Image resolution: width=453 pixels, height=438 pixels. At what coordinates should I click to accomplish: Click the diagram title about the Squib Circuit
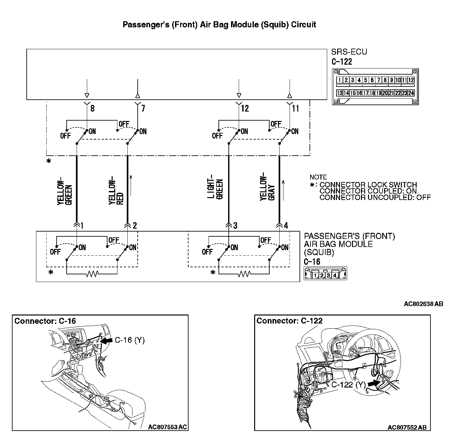pyautogui.click(x=219, y=25)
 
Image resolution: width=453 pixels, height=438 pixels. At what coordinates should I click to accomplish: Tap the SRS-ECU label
pyautogui.click(x=349, y=52)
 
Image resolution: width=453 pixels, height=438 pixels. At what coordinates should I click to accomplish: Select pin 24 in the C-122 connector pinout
pyautogui.click(x=411, y=93)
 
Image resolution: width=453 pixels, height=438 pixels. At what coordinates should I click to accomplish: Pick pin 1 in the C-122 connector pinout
pyautogui.click(x=339, y=80)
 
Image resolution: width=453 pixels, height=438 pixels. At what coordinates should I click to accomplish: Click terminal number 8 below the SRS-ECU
pyautogui.click(x=92, y=108)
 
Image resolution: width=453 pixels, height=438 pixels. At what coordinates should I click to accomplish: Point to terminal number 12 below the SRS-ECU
pyautogui.click(x=245, y=108)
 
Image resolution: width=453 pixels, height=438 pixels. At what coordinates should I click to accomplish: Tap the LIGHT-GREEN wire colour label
pyautogui.click(x=216, y=189)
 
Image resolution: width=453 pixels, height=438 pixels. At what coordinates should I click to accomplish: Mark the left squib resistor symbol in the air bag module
pyautogui.click(x=92, y=274)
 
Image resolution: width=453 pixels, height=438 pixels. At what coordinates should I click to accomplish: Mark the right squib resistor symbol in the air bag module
pyautogui.click(x=244, y=274)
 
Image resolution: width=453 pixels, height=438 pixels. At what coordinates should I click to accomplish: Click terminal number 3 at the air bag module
pyautogui.click(x=236, y=226)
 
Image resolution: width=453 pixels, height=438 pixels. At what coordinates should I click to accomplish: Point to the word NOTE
pyautogui.click(x=318, y=177)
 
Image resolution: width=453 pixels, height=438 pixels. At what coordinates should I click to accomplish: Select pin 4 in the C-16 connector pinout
pyautogui.click(x=335, y=275)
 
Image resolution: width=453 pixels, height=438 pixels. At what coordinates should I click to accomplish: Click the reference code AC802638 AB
pyautogui.click(x=423, y=304)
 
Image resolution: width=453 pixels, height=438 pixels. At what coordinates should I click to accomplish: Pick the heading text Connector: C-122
pyautogui.click(x=289, y=321)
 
